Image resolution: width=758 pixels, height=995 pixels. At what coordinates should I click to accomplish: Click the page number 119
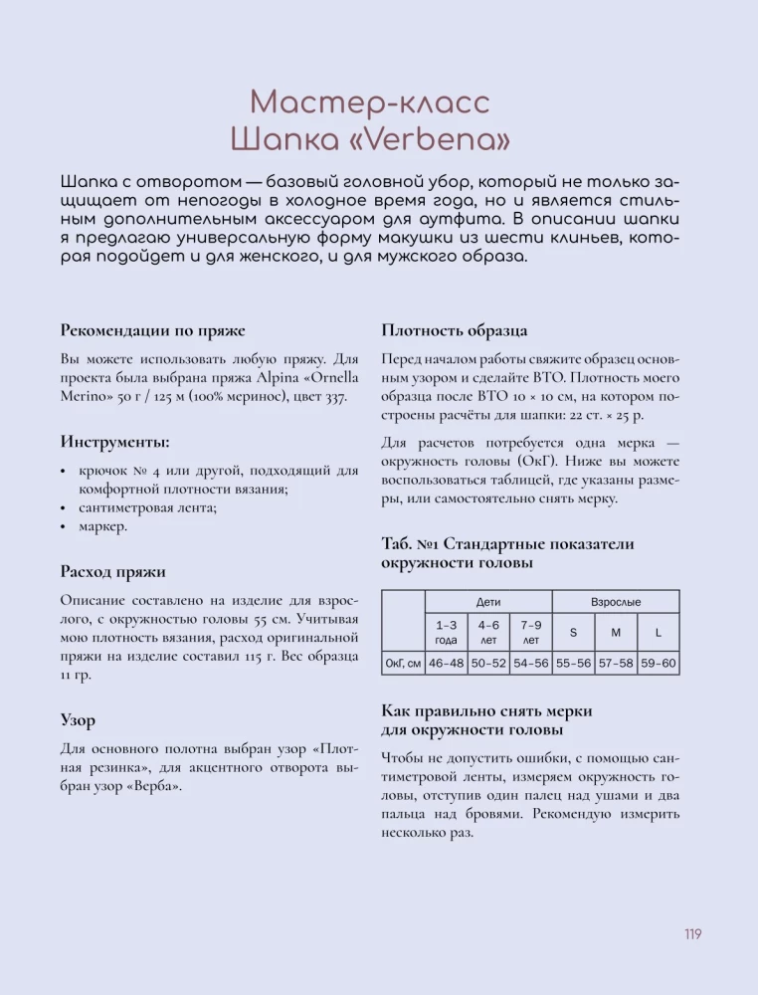point(693,933)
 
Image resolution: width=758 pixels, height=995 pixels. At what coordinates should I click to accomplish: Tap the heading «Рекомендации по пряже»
point(152,330)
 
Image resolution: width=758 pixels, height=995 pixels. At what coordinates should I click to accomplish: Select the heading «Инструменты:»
point(114,442)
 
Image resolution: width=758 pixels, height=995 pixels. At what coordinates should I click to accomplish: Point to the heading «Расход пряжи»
point(112,571)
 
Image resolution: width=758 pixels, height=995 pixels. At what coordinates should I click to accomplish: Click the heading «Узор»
point(78,719)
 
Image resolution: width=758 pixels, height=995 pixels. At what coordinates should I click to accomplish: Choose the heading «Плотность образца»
point(455,330)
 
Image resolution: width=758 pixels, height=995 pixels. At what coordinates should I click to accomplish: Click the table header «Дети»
point(488,602)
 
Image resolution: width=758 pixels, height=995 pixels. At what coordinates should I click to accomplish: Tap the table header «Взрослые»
point(616,602)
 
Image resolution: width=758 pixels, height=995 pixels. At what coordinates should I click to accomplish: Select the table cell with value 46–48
point(446,663)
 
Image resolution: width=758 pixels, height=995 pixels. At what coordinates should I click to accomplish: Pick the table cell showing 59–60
point(658,663)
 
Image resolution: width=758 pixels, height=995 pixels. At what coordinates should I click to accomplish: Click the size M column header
point(616,633)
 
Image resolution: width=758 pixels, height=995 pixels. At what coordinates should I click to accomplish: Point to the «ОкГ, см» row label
point(403,663)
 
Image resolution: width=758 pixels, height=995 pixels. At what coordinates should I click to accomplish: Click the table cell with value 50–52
point(488,663)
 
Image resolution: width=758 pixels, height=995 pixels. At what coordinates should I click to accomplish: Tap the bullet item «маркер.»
point(102,526)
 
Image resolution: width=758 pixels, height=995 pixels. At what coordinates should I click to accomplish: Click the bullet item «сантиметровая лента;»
point(147,507)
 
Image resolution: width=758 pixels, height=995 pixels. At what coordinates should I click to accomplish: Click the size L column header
point(658,633)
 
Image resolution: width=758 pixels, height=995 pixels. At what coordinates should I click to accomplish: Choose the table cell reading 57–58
point(616,663)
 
